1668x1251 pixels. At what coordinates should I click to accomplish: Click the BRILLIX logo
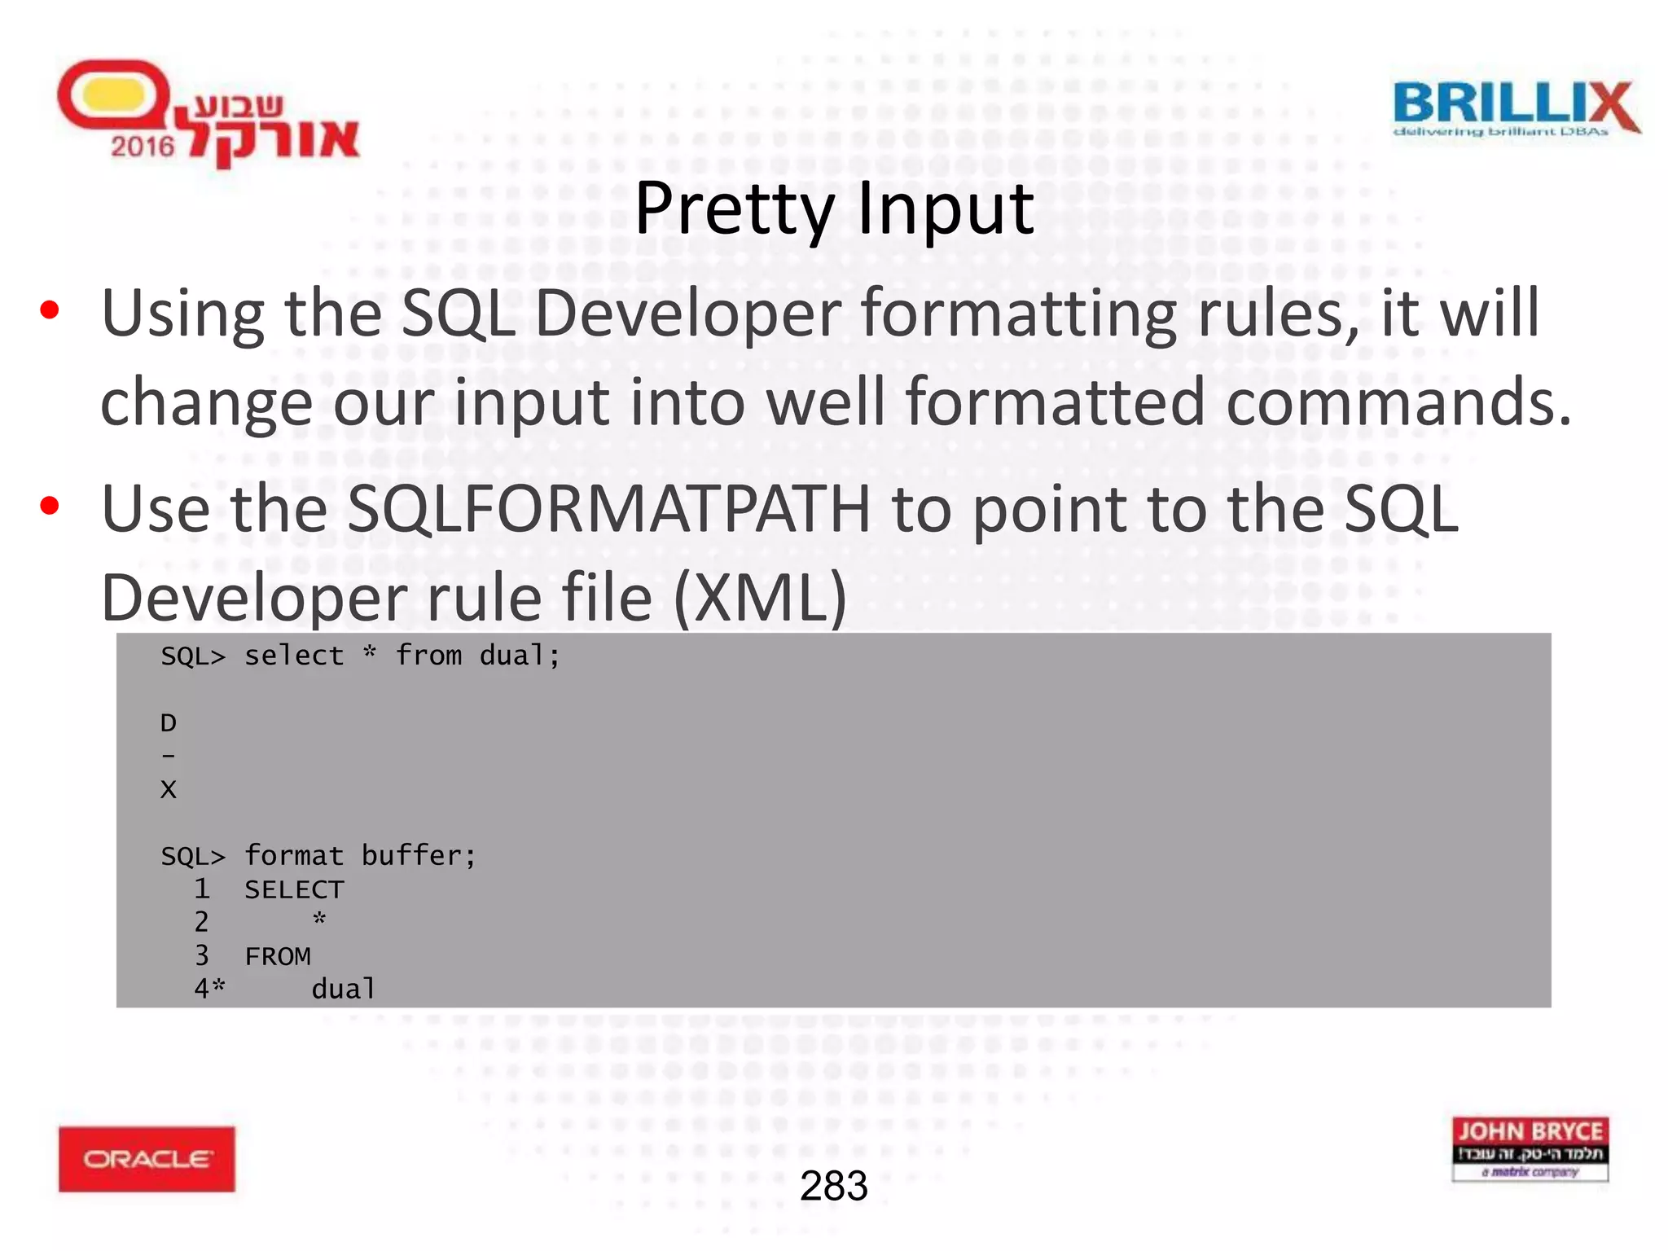coord(1516,108)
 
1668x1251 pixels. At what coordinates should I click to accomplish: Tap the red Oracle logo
coord(147,1158)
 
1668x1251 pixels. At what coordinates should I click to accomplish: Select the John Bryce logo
coord(1530,1148)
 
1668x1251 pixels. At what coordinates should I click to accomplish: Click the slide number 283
coord(833,1186)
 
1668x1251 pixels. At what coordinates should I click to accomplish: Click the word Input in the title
coord(945,209)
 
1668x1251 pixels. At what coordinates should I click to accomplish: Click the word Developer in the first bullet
coord(687,314)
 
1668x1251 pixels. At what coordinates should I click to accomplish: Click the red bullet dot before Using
coord(50,310)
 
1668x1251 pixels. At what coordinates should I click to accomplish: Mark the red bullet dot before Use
coord(50,506)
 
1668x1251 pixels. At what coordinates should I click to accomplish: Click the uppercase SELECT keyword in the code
coord(294,889)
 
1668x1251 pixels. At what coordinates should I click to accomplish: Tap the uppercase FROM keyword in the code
coord(278,956)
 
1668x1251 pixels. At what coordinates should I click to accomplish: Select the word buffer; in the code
coord(419,856)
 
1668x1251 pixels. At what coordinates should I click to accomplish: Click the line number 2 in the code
coord(201,922)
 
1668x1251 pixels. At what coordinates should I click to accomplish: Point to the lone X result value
coord(169,789)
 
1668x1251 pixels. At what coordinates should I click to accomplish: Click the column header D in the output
coord(169,722)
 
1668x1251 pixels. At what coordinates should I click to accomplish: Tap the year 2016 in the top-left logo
coord(143,147)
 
